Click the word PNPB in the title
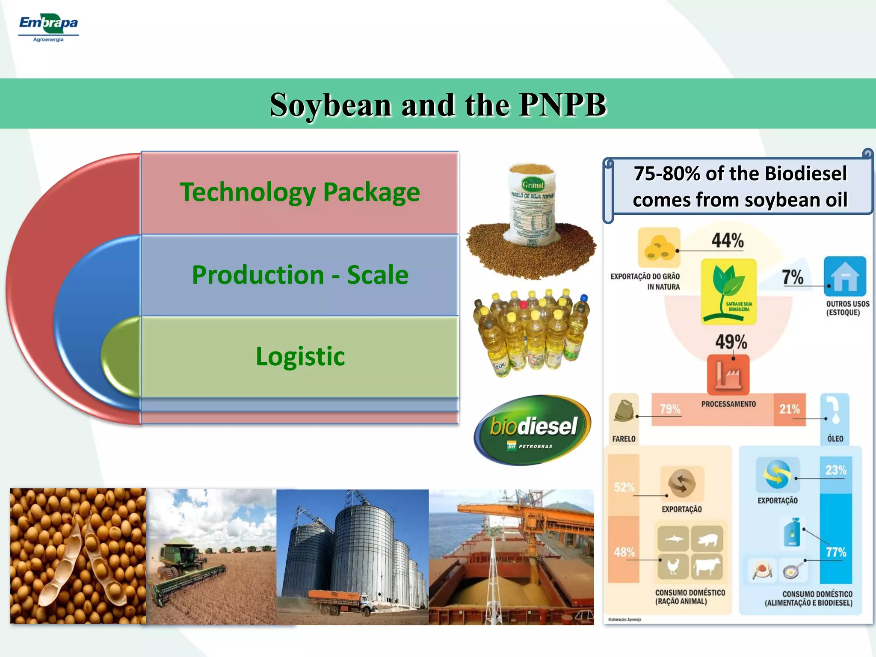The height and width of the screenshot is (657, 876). coord(562,105)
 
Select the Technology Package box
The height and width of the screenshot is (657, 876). coord(299,192)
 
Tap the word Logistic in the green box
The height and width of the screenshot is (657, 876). coord(300,356)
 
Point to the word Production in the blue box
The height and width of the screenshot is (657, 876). coord(257,275)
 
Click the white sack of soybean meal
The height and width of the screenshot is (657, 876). coord(532,205)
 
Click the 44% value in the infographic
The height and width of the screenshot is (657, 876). coord(727,240)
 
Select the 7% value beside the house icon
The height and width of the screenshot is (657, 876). coord(792,277)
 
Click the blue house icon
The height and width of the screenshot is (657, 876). coord(845,276)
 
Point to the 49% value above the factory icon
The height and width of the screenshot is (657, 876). coord(731,342)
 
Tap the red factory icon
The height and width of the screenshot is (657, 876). coord(728,375)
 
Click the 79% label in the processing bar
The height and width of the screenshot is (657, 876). coord(670,409)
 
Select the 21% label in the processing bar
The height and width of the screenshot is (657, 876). coord(789,409)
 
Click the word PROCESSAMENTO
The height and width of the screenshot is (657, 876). coord(728,404)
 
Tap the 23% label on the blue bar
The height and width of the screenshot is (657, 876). coord(835,470)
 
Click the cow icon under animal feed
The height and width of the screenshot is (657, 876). coord(707,566)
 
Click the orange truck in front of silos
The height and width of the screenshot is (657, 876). coord(338,600)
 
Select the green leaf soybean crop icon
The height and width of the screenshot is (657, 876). coord(728,291)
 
